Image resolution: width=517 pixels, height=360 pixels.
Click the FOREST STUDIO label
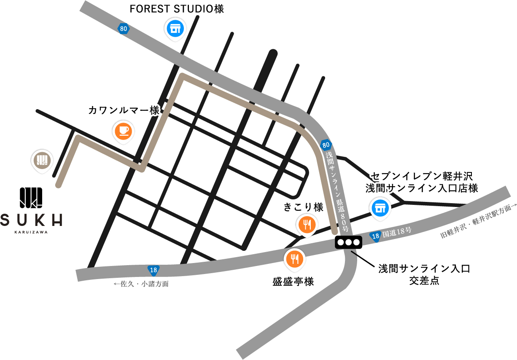coord(176,9)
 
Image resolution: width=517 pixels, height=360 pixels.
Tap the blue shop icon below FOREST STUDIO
coord(173,29)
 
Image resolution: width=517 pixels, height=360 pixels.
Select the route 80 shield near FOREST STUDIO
coord(123,29)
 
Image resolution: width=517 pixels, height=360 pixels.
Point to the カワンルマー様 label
coord(124,110)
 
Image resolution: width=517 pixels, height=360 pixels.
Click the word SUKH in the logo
coord(32,220)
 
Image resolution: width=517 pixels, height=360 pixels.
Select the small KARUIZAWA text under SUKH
coord(31,231)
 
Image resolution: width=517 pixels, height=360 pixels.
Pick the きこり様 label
coord(303,207)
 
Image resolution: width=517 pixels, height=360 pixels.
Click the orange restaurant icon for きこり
coord(307,225)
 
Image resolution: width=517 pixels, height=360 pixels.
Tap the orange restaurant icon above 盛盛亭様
coord(294,259)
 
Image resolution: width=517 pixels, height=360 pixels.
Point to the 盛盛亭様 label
coord(293,281)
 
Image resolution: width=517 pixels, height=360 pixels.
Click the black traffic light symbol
coord(348,242)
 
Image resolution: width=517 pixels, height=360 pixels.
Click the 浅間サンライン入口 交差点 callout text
coord(424,274)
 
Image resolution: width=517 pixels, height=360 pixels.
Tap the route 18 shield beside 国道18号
coord(375,237)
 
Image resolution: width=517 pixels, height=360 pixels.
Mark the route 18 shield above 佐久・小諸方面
coord(153,269)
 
